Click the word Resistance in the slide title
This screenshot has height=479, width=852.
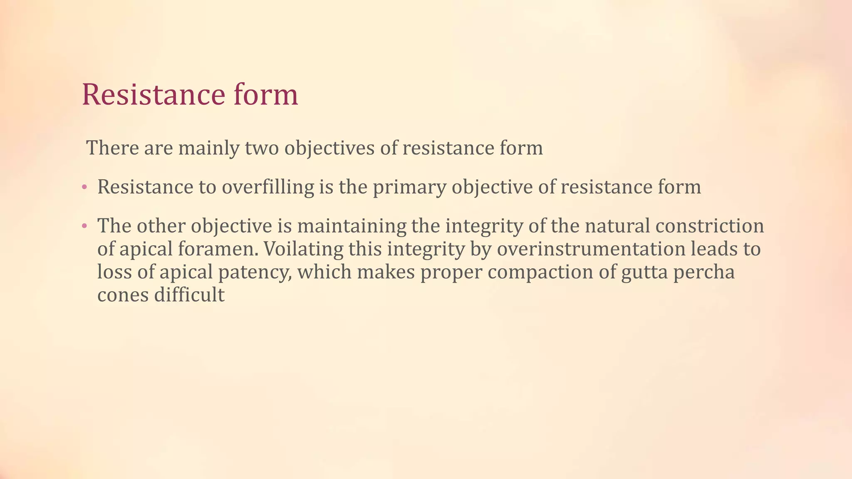coord(153,95)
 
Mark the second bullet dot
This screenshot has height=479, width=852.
coord(84,226)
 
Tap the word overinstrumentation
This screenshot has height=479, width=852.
coord(591,249)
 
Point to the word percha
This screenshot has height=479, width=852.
coord(704,273)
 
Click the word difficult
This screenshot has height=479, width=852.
coord(189,295)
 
